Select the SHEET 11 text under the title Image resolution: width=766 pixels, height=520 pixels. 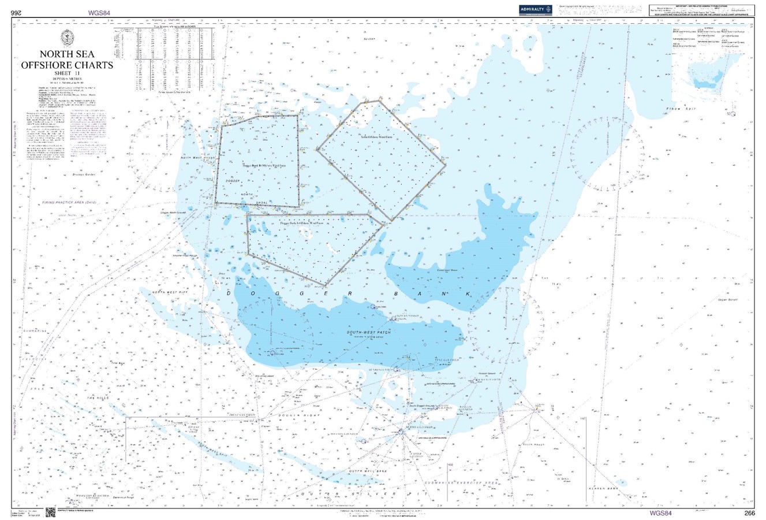(67, 73)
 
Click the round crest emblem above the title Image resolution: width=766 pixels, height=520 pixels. (67, 38)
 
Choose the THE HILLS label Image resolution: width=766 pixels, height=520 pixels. (98, 398)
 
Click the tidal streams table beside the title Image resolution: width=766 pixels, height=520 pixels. (167, 58)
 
